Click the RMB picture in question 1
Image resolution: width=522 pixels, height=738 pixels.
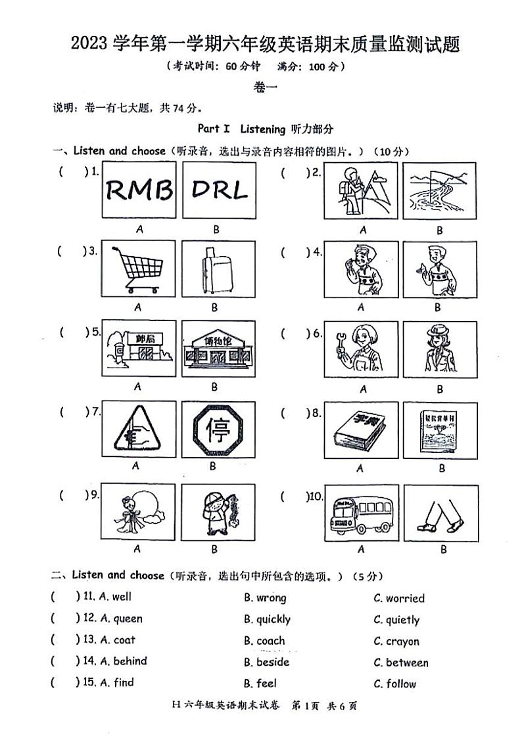(x=139, y=190)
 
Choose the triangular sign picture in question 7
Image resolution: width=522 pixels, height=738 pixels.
(x=136, y=430)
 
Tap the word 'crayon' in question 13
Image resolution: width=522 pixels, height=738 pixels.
(x=402, y=641)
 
